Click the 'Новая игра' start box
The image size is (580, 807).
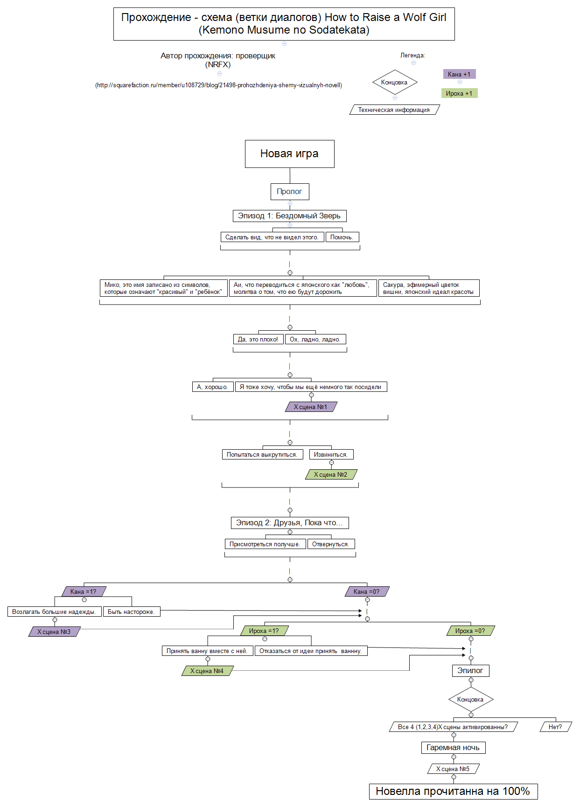289,153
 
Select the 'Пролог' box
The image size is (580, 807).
289,191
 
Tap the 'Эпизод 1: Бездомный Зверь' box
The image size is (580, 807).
289,216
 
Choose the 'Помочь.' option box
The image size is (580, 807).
342,237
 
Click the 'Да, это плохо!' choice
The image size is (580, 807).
258,339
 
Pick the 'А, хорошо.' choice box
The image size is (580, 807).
212,387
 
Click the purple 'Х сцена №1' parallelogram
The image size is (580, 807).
311,407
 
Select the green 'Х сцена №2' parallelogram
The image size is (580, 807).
331,474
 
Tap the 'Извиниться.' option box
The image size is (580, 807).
331,454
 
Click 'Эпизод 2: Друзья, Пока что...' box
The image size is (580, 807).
289,522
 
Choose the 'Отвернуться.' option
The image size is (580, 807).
330,544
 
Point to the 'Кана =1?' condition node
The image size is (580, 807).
84,591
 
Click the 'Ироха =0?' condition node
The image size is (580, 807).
470,631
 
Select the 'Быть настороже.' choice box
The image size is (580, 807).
131,612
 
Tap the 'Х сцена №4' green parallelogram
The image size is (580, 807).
207,671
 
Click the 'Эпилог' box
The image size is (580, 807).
470,670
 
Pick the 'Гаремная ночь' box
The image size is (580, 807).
453,747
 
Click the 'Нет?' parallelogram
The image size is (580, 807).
555,727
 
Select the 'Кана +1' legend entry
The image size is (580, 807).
459,74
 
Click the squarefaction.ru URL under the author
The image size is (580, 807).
218,85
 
